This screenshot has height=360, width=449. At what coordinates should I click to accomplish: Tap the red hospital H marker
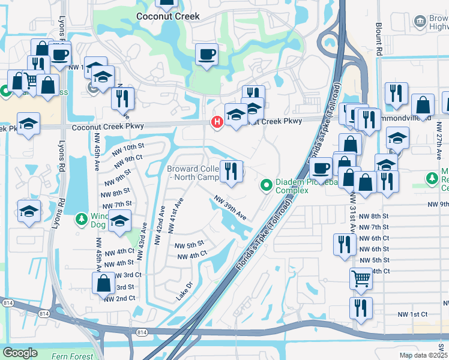point(217,122)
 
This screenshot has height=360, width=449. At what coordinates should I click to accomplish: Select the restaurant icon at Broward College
point(231,172)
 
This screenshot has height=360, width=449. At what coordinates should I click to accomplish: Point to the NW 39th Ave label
point(231,207)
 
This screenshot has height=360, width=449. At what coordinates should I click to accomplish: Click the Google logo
point(20,353)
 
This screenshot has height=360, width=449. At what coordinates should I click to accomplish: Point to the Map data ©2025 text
point(423,355)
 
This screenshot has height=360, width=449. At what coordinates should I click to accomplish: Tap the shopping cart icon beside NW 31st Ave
point(361,278)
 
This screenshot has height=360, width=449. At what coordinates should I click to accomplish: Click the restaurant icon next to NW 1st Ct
point(361,308)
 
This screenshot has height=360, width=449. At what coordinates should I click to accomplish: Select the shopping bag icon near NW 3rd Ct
point(104,283)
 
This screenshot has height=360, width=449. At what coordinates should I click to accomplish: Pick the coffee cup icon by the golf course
point(206,55)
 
